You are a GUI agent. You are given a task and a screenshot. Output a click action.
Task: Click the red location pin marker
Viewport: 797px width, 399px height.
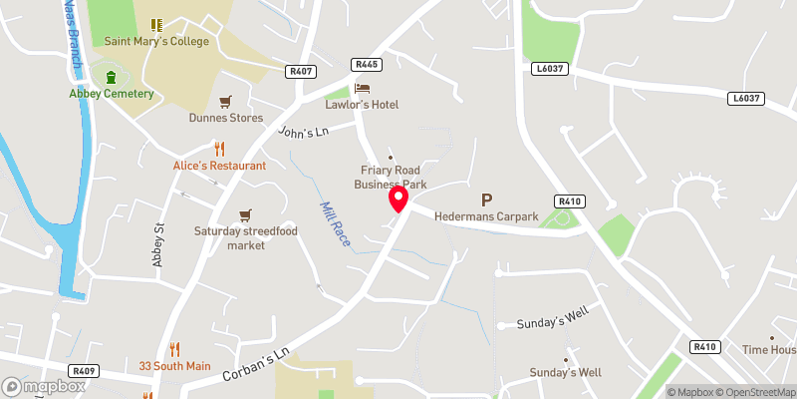tap(399, 199)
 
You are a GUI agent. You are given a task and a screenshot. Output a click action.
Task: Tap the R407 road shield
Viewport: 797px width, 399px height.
tap(300, 71)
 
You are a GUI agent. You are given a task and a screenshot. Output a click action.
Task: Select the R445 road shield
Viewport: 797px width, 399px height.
tap(367, 65)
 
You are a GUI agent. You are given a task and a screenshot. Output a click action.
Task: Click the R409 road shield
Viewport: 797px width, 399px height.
tap(83, 370)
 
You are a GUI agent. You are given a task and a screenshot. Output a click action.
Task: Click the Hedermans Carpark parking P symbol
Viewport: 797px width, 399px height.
tap(487, 200)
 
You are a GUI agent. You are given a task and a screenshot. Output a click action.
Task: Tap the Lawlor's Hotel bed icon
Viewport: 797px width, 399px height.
tap(361, 89)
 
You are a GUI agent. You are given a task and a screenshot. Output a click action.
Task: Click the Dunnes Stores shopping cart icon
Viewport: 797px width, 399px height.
tap(226, 101)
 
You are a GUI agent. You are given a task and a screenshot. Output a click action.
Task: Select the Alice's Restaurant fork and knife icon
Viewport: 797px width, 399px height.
tap(180, 150)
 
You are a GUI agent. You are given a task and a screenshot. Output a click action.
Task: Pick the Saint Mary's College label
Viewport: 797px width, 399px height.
tap(157, 41)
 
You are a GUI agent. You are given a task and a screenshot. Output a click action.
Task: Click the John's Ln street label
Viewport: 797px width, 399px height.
tap(303, 132)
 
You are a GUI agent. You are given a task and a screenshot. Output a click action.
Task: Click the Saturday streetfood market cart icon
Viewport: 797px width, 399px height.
tap(245, 215)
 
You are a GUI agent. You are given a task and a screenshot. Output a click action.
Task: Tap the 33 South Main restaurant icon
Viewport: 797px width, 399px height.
tap(175, 349)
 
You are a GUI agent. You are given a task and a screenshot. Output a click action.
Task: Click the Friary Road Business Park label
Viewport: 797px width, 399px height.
tap(391, 177)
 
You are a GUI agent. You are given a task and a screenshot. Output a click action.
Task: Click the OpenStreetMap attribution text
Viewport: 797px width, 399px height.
tap(757, 392)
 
